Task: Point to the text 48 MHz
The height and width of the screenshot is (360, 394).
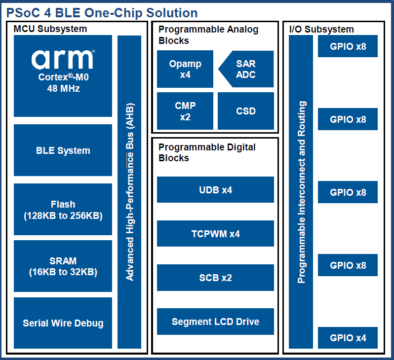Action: [63, 89]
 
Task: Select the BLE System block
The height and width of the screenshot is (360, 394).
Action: [63, 150]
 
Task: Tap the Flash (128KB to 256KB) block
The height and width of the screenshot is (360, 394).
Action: [63, 210]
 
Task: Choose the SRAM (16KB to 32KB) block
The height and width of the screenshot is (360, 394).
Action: [63, 266]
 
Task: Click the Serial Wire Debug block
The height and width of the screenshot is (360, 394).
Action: [63, 323]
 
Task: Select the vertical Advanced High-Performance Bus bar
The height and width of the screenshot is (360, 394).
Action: [129, 192]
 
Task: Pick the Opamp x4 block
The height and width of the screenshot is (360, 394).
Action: [185, 69]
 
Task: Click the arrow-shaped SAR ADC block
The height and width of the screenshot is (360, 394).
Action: [247, 69]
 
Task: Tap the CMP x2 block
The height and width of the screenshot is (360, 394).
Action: [185, 111]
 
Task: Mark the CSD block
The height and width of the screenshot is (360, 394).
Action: [245, 111]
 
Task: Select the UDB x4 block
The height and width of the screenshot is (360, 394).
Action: [215, 190]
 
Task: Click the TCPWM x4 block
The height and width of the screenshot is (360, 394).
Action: [215, 234]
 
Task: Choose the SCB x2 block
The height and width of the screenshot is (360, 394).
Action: [215, 278]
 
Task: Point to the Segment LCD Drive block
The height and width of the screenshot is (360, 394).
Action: [215, 322]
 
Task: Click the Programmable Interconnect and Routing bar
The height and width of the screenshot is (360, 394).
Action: [301, 192]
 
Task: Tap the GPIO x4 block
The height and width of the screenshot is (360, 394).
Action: [348, 338]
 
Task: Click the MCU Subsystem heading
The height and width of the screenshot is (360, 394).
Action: [50, 29]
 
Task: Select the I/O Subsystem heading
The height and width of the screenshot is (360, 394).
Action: [321, 30]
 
